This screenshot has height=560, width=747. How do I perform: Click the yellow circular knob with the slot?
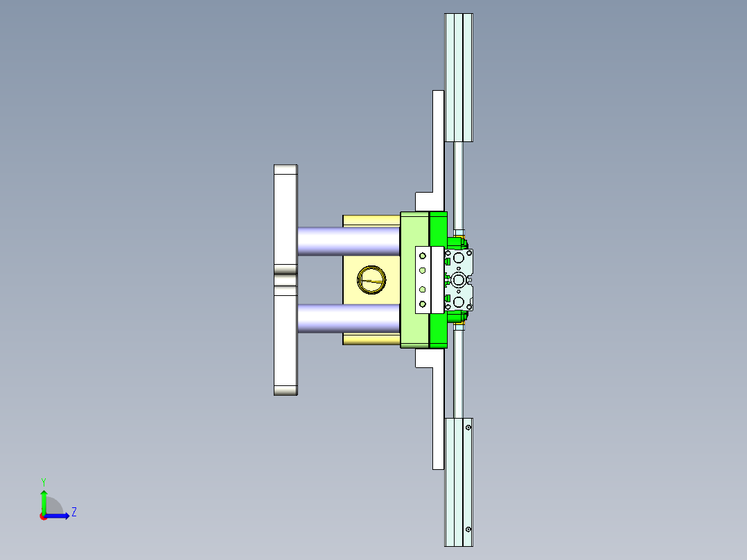tap(371, 280)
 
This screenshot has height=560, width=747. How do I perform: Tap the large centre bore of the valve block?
tap(459, 279)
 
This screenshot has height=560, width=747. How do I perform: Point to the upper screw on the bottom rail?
tap(468, 428)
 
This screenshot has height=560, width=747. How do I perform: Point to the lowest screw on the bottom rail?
tap(468, 530)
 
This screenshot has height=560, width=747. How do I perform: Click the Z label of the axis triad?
tap(73, 512)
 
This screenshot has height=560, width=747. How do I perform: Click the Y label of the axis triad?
tap(43, 481)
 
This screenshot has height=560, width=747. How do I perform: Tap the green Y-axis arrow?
tap(43, 498)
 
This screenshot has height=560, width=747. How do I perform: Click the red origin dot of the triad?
tap(43, 516)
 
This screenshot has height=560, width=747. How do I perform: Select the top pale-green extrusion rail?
tap(458, 76)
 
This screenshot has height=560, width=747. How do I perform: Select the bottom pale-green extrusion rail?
tap(458, 482)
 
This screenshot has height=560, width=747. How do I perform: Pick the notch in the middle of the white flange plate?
tap(285, 280)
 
